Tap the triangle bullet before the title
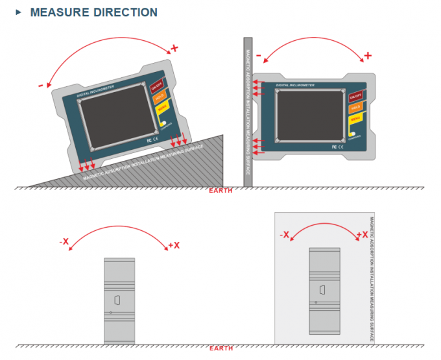(18, 12)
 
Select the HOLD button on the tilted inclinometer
(160, 97)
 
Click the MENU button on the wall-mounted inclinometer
(355, 119)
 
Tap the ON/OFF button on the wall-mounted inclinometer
(355, 96)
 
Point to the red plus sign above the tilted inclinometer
(173, 48)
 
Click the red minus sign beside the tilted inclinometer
(41, 84)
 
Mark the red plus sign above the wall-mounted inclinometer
(367, 55)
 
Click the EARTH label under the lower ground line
(221, 348)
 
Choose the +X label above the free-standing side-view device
(174, 245)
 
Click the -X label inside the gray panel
(284, 235)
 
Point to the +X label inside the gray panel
(363, 235)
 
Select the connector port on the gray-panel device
(322, 289)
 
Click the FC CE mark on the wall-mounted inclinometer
(336, 147)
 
